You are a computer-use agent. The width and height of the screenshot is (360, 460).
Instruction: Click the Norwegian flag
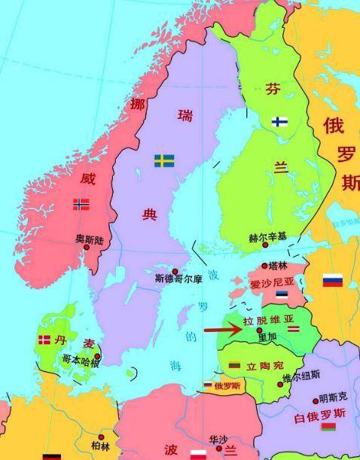coord(81,204)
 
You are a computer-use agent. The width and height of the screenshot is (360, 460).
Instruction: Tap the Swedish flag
coord(165,160)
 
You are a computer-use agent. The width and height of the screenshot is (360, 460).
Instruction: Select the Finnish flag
coord(279,120)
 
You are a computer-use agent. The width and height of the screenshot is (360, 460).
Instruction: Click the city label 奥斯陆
coord(89,239)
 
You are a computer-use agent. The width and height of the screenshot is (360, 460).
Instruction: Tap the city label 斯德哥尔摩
coord(178,279)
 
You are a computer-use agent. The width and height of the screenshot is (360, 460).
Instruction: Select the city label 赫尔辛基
coord(267,237)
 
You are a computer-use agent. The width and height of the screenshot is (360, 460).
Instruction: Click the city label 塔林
coord(278,266)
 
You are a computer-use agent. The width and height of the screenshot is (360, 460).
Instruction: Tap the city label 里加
coord(268,337)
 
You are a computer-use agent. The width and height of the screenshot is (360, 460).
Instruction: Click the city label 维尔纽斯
coord(301,374)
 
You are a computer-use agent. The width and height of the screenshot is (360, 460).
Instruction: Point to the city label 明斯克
coord(332,398)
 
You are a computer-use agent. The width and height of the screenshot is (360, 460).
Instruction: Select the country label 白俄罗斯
coord(320,414)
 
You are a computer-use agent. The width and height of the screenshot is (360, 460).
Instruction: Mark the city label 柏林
coord(100,446)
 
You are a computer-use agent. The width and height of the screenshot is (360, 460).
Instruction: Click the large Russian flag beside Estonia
coord(333,280)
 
